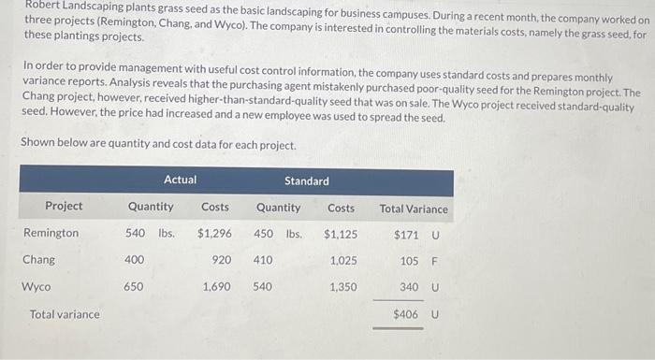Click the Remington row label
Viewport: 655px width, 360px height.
(51, 233)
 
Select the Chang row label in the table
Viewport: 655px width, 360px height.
(39, 260)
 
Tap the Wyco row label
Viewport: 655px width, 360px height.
(37, 287)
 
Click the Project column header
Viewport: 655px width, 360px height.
(64, 207)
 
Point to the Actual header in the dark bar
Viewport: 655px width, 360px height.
(180, 180)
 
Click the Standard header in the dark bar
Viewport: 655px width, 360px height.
(306, 180)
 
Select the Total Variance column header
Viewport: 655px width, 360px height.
(414, 209)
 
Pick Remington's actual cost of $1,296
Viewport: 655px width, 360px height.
(214, 233)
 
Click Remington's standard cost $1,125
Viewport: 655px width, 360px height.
(341, 234)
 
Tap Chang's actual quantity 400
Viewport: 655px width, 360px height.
(135, 260)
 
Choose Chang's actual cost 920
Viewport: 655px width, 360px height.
(222, 260)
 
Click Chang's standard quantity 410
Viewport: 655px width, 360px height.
(263, 260)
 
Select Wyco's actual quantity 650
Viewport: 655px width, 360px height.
(135, 287)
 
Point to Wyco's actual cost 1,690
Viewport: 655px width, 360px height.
(217, 287)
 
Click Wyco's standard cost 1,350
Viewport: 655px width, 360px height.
(342, 287)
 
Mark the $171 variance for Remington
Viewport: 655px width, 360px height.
(406, 234)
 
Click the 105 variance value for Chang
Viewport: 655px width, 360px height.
(410, 260)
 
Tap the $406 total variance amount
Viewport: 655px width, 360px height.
(405, 314)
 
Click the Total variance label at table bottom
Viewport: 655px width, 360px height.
(64, 314)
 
